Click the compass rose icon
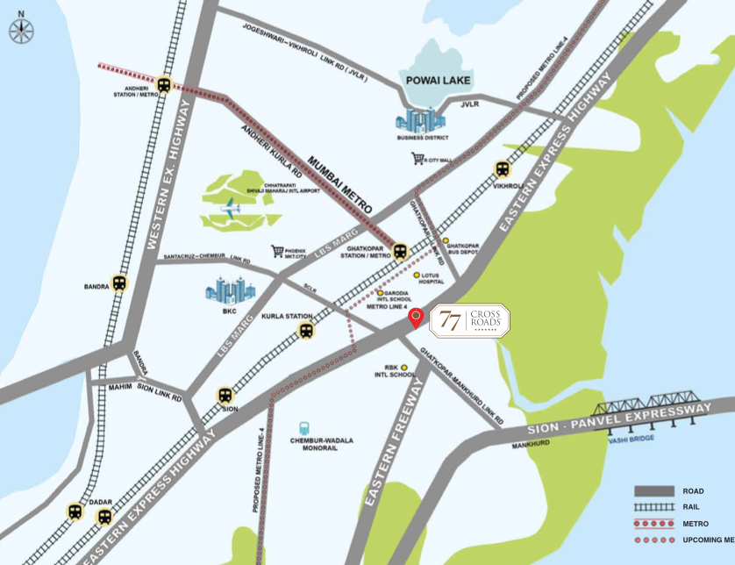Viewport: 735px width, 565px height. [x=21, y=31]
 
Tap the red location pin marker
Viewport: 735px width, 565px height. [x=416, y=318]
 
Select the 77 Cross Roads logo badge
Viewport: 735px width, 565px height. [x=469, y=321]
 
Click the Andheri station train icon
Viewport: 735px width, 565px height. [x=164, y=85]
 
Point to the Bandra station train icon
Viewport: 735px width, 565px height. [x=119, y=283]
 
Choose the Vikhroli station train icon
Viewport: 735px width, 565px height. [x=503, y=169]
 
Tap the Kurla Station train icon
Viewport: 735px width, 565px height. [x=305, y=331]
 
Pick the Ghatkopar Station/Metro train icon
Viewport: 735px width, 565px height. [x=401, y=252]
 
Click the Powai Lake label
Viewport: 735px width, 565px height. [x=438, y=81]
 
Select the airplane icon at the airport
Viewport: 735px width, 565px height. [x=232, y=210]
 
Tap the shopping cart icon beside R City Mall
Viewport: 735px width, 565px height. [x=417, y=159]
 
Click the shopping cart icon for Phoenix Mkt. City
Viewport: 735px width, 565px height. [x=277, y=251]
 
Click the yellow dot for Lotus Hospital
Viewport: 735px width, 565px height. [x=416, y=275]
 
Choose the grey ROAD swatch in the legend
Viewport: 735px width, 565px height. [x=653, y=491]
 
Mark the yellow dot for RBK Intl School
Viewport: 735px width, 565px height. [x=404, y=367]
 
